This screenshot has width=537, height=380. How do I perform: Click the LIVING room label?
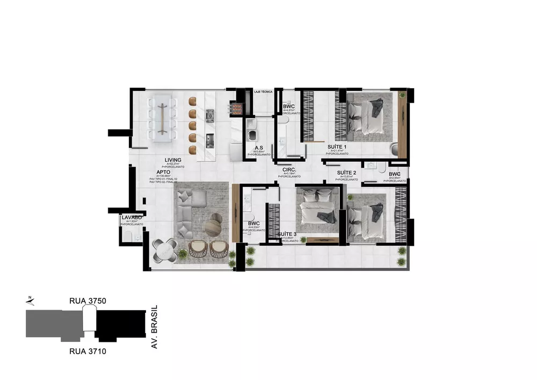click(x=173, y=160)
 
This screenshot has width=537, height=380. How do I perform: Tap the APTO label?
click(x=164, y=171)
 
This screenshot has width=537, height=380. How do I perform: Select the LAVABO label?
click(x=131, y=217)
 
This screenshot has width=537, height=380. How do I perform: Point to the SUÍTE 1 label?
click(x=338, y=147)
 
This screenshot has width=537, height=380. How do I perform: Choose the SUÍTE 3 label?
click(x=287, y=234)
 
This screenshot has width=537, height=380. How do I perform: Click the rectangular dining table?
click(x=162, y=118)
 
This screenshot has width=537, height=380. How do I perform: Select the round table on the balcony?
click(x=165, y=249)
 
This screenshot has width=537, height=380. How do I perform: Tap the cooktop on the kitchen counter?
click(x=210, y=114)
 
